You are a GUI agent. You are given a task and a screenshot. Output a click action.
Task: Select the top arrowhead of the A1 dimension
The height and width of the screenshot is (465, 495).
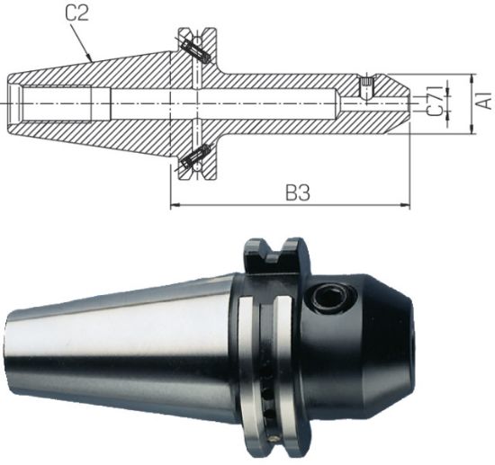tap(471, 78)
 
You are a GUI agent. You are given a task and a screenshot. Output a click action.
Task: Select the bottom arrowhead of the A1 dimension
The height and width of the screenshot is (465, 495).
tap(471, 131)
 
